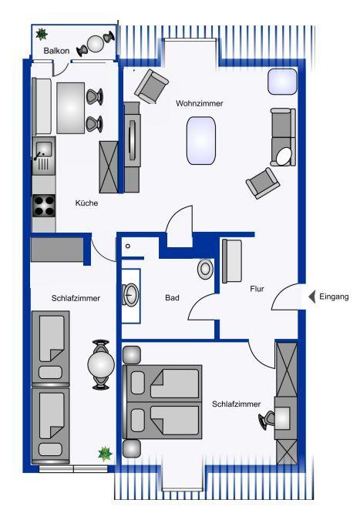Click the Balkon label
pyautogui.click(x=56, y=51)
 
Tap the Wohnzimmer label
pyautogui.click(x=200, y=103)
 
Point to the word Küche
pyautogui.click(x=86, y=203)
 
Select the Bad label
pyautogui.click(x=173, y=297)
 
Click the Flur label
pyautogui.click(x=257, y=289)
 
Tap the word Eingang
pyautogui.click(x=334, y=297)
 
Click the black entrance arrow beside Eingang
pyautogui.click(x=312, y=297)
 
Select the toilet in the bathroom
pyautogui.click(x=205, y=269)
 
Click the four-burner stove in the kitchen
pyautogui.click(x=44, y=206)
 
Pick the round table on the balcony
pyautogui.click(x=96, y=44)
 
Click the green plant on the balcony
pyautogui.click(x=42, y=35)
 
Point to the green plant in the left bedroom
pyautogui.click(x=105, y=454)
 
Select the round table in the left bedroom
pyautogui.click(x=101, y=364)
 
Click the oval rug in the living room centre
pyautogui.click(x=201, y=140)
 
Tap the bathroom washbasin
pyautogui.click(x=130, y=294)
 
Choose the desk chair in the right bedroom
pyautogui.click(x=267, y=419)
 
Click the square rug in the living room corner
pyautogui.click(x=282, y=82)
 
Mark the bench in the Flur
pyautogui.click(x=232, y=261)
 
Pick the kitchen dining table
pyautogui.click(x=70, y=108)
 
